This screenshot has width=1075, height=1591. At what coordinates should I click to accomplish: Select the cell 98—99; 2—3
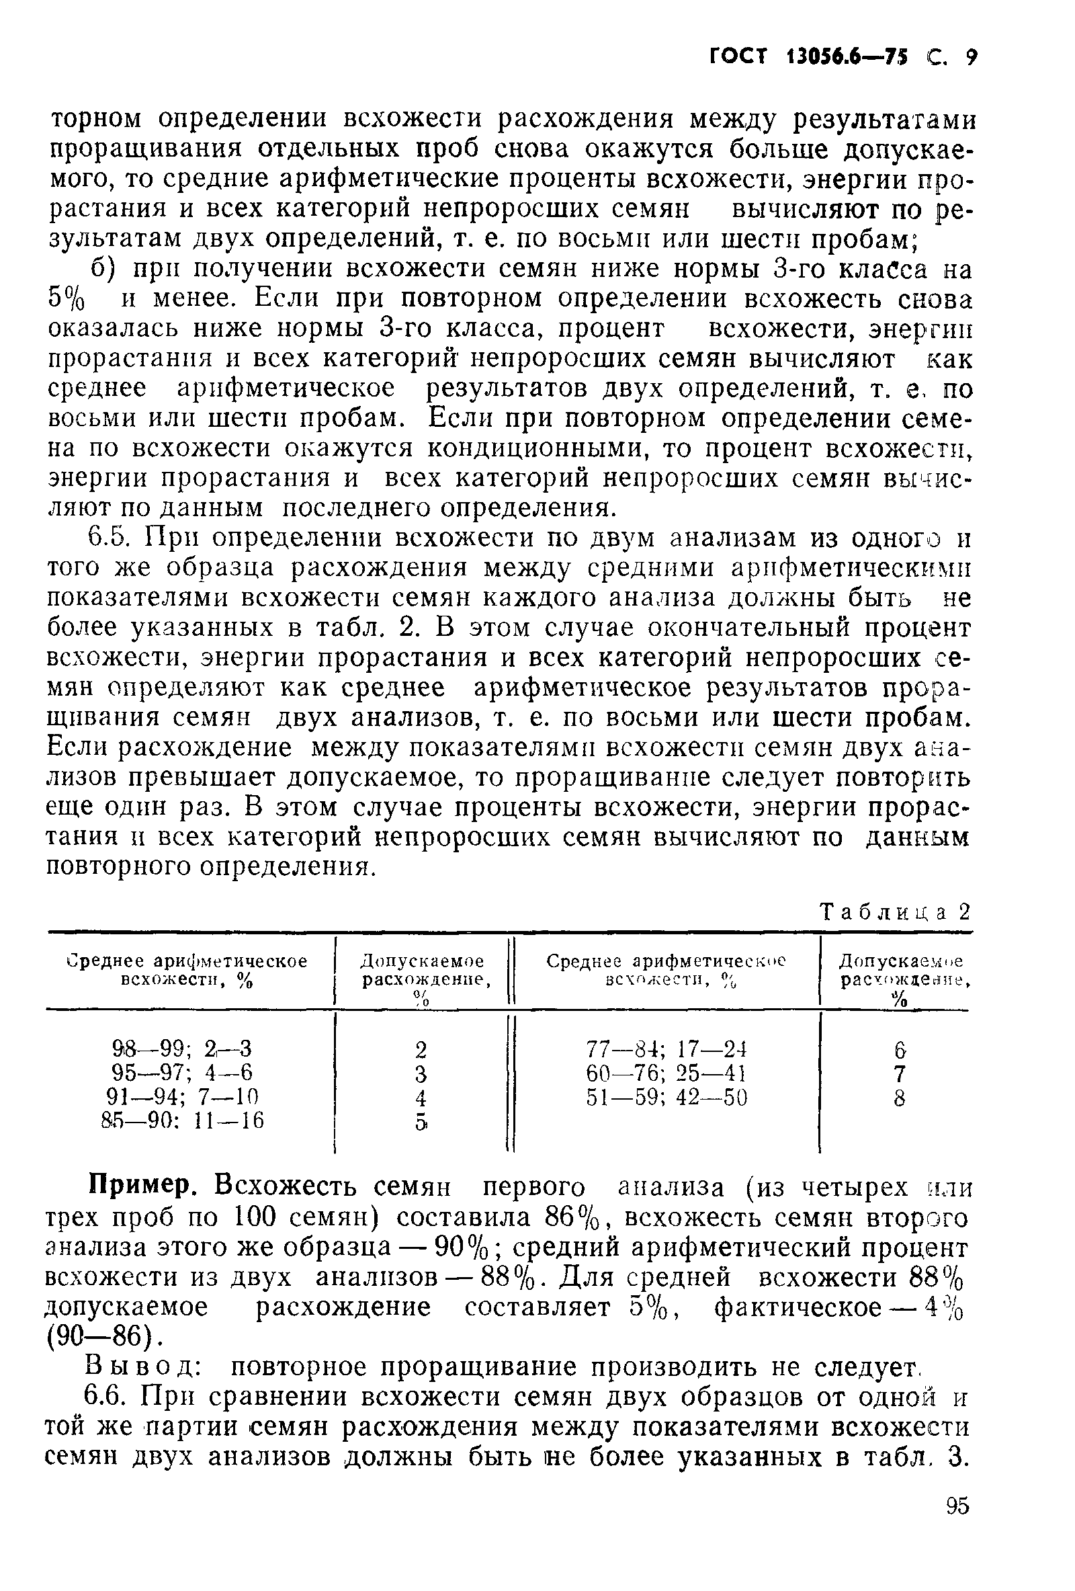tap(182, 1048)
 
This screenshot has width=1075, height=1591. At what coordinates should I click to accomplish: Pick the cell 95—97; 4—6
tap(182, 1072)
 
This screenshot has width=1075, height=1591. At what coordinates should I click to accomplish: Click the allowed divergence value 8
tap(900, 1098)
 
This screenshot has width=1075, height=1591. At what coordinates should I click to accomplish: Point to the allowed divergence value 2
tap(421, 1049)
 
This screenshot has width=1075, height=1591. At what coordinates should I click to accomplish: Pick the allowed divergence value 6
tap(900, 1049)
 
